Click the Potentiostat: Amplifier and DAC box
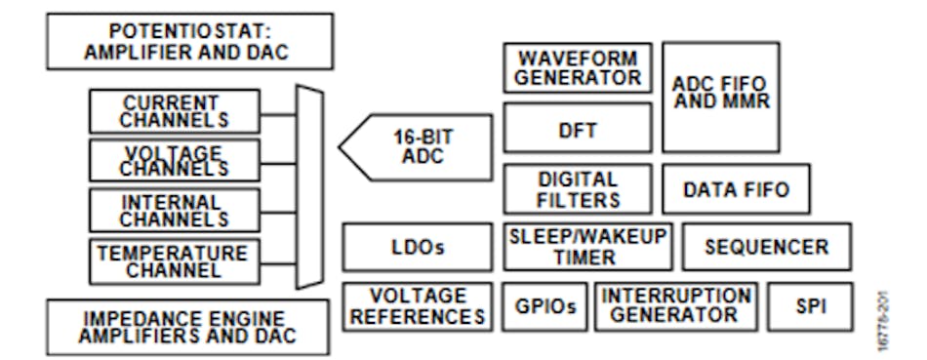tap(185, 41)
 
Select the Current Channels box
tap(175, 111)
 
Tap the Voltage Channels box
tap(175, 160)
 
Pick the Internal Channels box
tap(175, 209)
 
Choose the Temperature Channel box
tap(175, 260)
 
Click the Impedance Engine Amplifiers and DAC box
tap(187, 326)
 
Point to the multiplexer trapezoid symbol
tap(309, 185)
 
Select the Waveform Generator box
tap(578, 68)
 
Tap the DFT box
tap(578, 128)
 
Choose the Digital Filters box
tap(578, 189)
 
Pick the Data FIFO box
tap(735, 189)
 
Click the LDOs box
tap(418, 247)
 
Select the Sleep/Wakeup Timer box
tap(587, 247)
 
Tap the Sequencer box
tap(766, 247)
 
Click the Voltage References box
tap(418, 306)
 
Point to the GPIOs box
tap(544, 306)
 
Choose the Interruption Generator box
tap(675, 306)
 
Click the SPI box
tap(810, 306)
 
